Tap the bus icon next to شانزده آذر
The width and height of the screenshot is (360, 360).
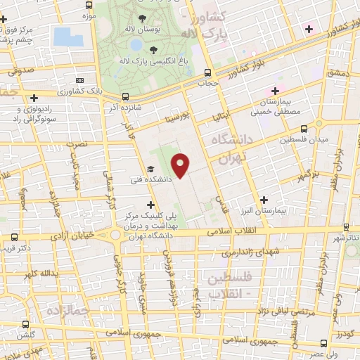tap(124, 97)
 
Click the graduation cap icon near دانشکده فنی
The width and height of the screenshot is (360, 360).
tap(150, 169)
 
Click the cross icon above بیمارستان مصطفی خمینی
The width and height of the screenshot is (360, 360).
tap(276, 91)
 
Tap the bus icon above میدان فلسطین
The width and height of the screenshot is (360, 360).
tap(304, 129)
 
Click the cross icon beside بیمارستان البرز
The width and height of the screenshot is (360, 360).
tap(264, 200)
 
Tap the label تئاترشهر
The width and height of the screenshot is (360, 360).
tap(345, 238)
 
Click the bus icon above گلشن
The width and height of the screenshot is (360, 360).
tap(27, 325)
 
